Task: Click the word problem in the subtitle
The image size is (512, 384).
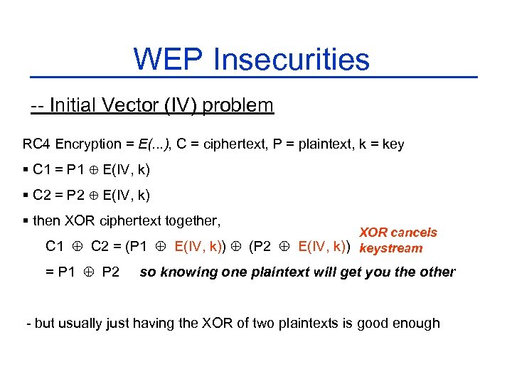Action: [x=238, y=106]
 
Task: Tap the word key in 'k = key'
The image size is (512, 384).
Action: [x=393, y=144]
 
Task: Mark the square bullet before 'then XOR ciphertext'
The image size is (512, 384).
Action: [x=26, y=221]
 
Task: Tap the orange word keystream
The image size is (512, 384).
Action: [x=391, y=248]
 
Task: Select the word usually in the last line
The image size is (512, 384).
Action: [x=85, y=323]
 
